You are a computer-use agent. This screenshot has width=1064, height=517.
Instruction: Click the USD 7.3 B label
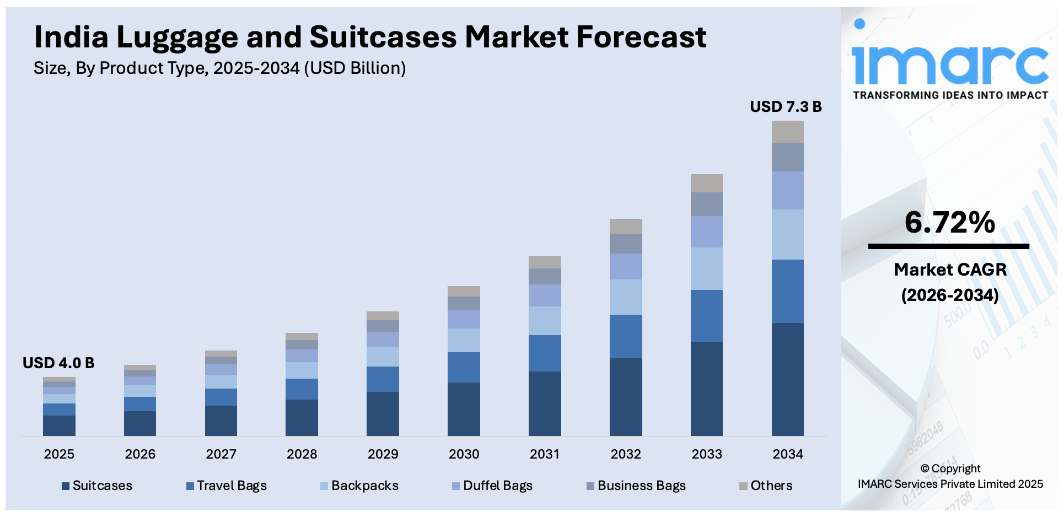(786, 107)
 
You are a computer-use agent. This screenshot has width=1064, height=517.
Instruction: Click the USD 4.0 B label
(58, 363)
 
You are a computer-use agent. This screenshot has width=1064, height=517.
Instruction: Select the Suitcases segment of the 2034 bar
(787, 379)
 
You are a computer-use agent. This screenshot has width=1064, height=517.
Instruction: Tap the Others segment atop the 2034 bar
(787, 132)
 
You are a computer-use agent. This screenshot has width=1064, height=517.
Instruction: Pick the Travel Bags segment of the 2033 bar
(706, 316)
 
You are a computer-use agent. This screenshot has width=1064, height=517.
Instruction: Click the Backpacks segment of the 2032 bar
(626, 297)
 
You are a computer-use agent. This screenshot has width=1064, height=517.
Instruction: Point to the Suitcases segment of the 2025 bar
(59, 426)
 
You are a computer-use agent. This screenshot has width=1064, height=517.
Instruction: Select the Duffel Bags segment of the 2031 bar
(545, 295)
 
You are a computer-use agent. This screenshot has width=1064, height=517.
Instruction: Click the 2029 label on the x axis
(383, 454)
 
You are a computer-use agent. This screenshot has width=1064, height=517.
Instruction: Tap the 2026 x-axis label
(140, 454)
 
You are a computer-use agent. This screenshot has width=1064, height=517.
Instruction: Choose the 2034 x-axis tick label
(787, 454)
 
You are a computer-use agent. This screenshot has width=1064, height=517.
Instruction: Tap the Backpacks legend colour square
(324, 486)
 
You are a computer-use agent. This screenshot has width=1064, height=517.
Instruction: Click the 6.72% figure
(949, 222)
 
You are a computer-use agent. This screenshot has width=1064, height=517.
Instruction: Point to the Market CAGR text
(950, 270)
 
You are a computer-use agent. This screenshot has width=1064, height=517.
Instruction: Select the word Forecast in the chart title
(641, 37)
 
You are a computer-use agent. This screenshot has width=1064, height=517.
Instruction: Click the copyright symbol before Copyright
(925, 469)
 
